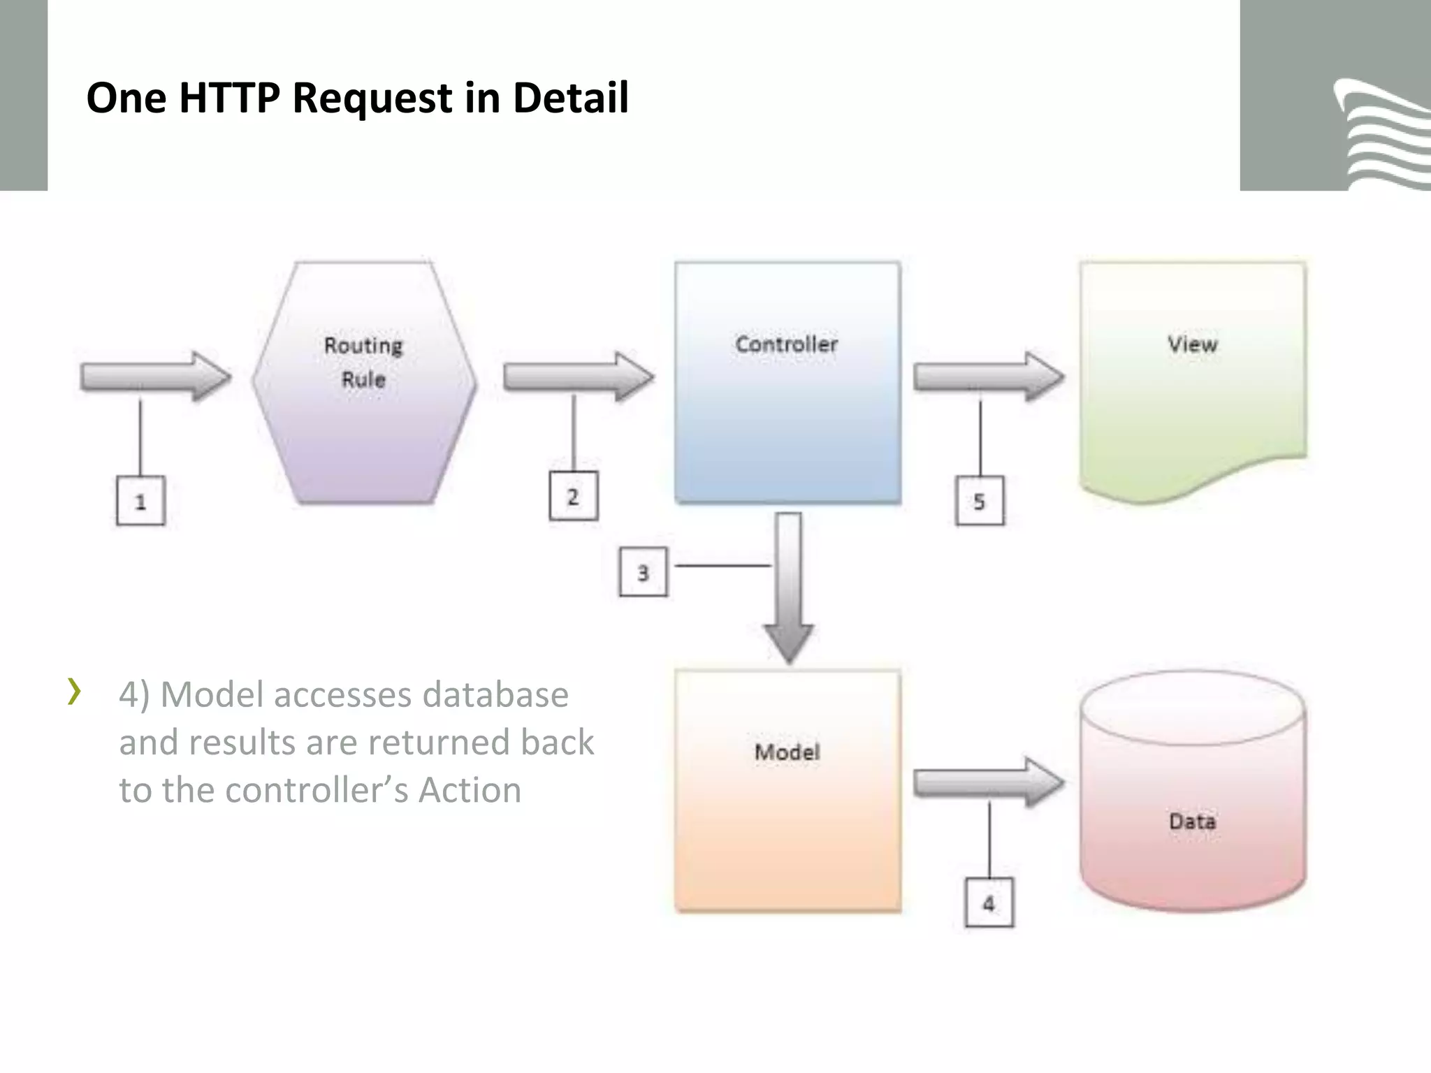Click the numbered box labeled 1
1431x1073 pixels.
click(x=140, y=501)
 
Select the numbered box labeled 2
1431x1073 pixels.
click(x=573, y=497)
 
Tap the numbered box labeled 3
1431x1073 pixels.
click(x=643, y=573)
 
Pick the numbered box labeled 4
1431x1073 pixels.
click(x=989, y=903)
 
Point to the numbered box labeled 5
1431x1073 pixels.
click(x=980, y=501)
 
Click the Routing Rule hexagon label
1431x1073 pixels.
click(x=363, y=362)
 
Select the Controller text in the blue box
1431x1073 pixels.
click(x=787, y=344)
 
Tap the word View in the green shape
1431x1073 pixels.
click(x=1192, y=344)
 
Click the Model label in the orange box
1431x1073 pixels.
click(x=787, y=752)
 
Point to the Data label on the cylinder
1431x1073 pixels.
click(x=1192, y=821)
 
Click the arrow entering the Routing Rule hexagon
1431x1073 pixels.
click(x=155, y=377)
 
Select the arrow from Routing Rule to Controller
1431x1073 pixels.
click(x=578, y=377)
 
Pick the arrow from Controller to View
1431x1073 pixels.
click(x=988, y=377)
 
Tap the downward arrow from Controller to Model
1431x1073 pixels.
click(x=788, y=587)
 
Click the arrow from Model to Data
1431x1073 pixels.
click(x=988, y=784)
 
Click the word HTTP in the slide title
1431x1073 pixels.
click(x=229, y=98)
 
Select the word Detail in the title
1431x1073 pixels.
click(x=570, y=98)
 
